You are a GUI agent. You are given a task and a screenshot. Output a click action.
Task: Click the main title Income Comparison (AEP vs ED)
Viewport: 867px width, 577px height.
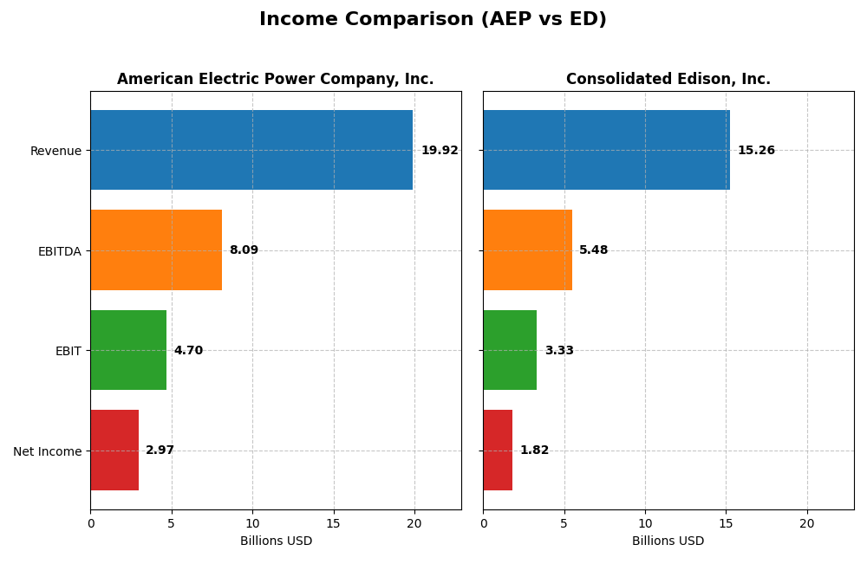[433, 19]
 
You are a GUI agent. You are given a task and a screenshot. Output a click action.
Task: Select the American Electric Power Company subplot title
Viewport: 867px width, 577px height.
[275, 79]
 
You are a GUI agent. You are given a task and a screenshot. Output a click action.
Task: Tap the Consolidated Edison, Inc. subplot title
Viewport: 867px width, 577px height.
[668, 79]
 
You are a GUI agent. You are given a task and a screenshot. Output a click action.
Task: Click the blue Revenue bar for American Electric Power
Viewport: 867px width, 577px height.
[251, 150]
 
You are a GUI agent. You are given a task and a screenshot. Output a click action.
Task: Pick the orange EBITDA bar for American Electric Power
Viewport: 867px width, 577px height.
[156, 250]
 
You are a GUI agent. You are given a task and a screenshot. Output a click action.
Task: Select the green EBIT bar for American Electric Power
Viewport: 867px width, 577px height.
[128, 350]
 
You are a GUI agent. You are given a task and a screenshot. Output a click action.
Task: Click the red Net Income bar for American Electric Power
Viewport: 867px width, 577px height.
[114, 450]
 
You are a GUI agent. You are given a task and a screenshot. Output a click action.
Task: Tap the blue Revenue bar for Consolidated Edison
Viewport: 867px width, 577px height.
[606, 150]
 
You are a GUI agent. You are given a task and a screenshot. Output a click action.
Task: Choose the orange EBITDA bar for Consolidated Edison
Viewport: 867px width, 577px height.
[527, 250]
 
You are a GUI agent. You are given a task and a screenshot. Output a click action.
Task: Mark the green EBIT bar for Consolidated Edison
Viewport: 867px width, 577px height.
[510, 350]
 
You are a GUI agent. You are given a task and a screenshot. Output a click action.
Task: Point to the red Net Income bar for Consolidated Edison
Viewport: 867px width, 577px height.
[498, 450]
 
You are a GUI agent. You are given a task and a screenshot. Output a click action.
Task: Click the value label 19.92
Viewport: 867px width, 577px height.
[440, 151]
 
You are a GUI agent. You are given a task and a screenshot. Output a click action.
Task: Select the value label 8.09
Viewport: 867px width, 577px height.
[244, 250]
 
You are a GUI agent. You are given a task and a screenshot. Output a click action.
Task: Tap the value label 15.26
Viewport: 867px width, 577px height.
[756, 151]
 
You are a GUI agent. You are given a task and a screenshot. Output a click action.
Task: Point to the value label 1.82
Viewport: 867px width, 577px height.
[534, 451]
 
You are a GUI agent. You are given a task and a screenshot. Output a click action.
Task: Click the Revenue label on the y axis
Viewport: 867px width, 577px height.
[55, 151]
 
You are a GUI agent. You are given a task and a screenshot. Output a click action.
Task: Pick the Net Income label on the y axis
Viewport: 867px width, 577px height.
[47, 451]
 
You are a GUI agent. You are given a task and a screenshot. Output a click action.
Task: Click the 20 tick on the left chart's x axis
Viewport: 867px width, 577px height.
[414, 523]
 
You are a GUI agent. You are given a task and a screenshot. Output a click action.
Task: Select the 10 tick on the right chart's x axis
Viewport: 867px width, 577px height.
[645, 523]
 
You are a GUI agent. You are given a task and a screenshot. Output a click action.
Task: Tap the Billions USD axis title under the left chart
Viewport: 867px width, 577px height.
[276, 541]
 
